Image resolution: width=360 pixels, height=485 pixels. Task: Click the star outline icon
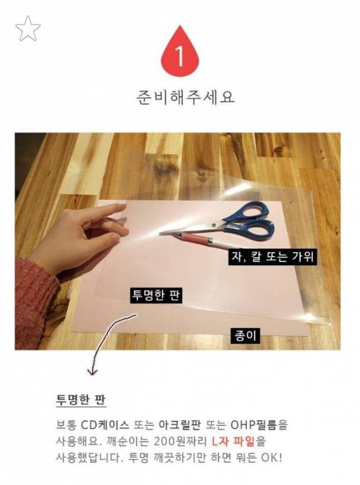click(28, 29)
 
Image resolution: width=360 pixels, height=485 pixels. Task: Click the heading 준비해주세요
click(186, 97)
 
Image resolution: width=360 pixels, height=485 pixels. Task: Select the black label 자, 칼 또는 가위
click(273, 257)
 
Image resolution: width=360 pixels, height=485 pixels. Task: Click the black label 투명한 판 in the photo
click(156, 295)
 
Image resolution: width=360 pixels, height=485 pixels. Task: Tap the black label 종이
click(246, 336)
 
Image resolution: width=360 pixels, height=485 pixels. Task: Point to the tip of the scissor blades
click(160, 233)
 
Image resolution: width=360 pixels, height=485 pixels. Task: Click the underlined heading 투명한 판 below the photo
click(81, 399)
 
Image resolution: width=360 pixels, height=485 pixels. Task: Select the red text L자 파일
click(233, 441)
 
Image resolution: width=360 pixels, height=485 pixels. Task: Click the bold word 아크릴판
click(179, 425)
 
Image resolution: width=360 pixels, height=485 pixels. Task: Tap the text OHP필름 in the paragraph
click(254, 425)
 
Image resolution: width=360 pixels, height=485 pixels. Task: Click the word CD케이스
click(105, 425)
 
